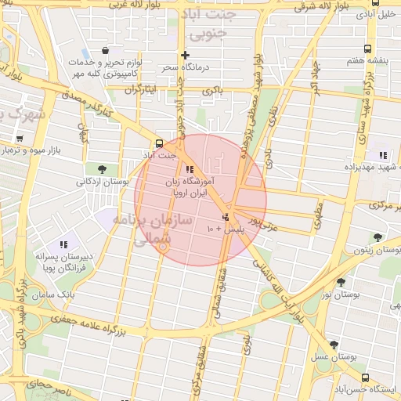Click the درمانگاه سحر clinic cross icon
[x=185, y=55]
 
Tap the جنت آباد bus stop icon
[x=160, y=143]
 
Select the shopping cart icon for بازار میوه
[x=20, y=139]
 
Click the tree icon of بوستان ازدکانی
[x=102, y=169]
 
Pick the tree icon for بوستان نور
[x=341, y=282]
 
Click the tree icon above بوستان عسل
[x=334, y=344]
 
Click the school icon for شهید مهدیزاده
[x=382, y=155]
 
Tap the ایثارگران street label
[x=143, y=90]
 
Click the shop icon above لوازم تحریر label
[x=104, y=51]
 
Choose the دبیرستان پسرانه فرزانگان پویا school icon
[x=63, y=244]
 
